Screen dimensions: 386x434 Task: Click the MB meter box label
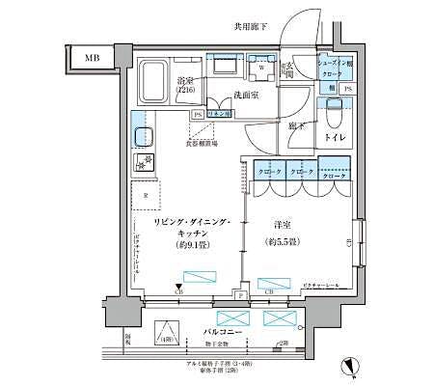(91, 58)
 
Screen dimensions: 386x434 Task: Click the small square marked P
(238, 294)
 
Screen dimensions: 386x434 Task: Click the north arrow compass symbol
(350, 366)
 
